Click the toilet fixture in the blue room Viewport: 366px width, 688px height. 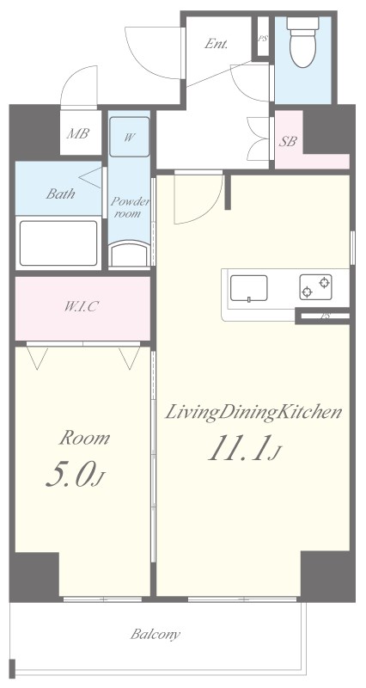click(302, 41)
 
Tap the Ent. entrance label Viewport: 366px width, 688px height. click(217, 44)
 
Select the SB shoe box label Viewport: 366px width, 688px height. click(289, 141)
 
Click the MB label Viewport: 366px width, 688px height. click(77, 133)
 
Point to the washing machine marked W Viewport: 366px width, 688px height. click(130, 137)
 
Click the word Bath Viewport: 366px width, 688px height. click(60, 193)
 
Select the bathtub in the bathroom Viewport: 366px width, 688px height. click(58, 243)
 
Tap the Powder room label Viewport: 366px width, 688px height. click(130, 207)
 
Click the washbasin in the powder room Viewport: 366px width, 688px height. click(130, 255)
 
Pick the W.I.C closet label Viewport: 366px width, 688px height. click(81, 307)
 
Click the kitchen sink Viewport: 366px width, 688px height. click(249, 288)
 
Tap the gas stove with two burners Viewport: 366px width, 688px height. click(315, 287)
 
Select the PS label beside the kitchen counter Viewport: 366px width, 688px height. click(325, 316)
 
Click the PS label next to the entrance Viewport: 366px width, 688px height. click(263, 38)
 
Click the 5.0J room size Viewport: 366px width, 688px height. click(76, 476)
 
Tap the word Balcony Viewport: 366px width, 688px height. click(156, 634)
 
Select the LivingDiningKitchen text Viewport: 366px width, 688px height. click(253, 412)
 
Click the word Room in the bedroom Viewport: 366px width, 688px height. click(84, 438)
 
